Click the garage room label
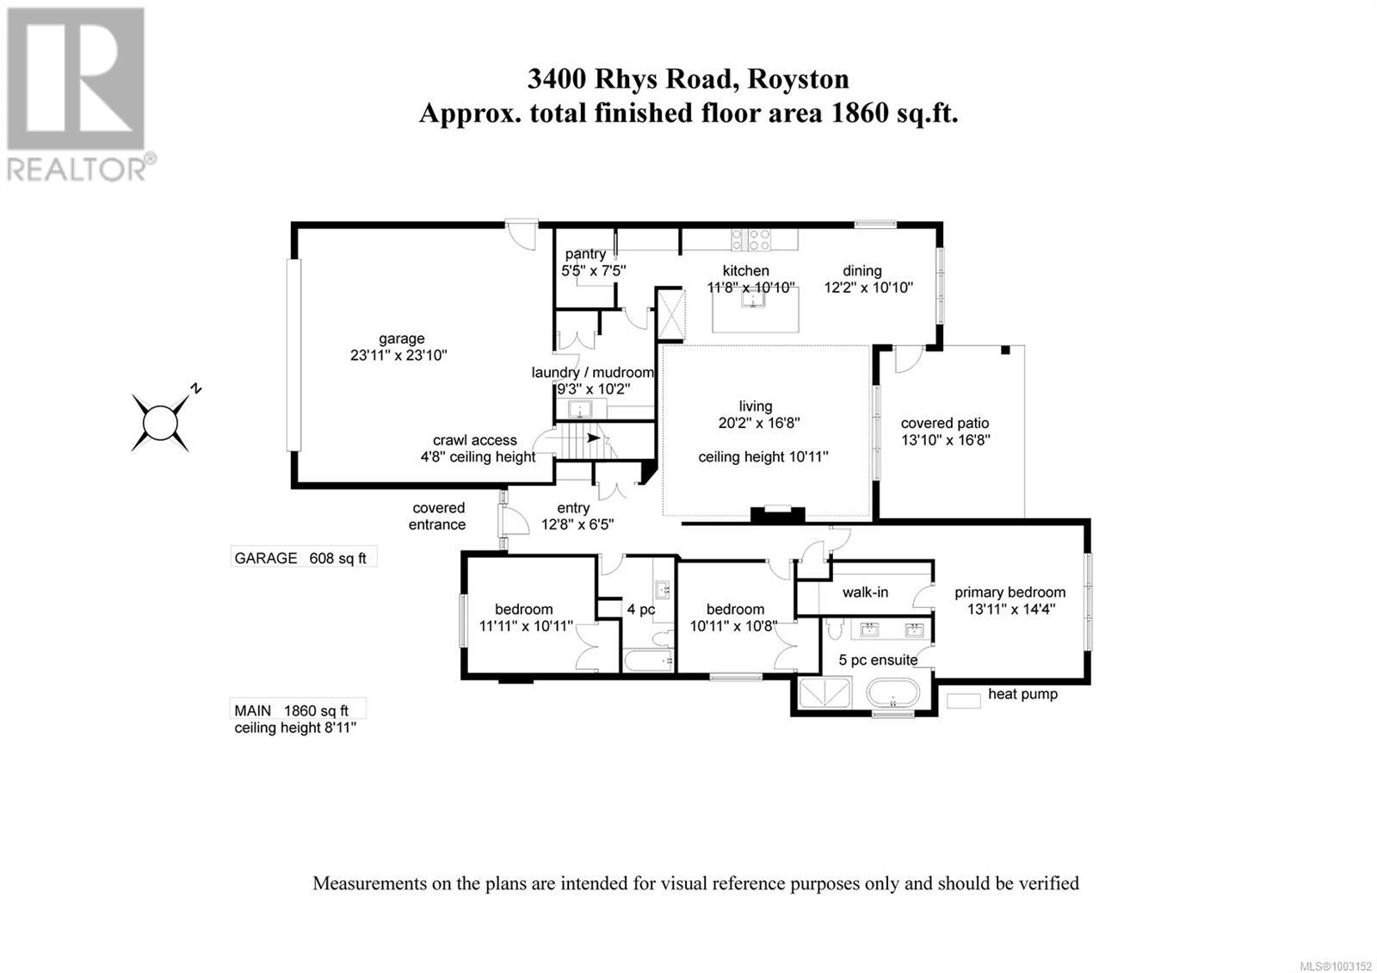tap(402, 338)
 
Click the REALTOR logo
tap(79, 94)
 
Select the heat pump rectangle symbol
tap(964, 701)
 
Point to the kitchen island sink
tap(755, 300)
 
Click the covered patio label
tap(945, 423)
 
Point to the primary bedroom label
tap(1010, 592)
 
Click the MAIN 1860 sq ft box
tap(298, 709)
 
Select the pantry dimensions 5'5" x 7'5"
tap(593, 270)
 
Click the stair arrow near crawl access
tap(592, 437)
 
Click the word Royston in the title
tap(799, 78)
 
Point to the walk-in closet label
tap(865, 592)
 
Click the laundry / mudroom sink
tap(582, 410)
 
